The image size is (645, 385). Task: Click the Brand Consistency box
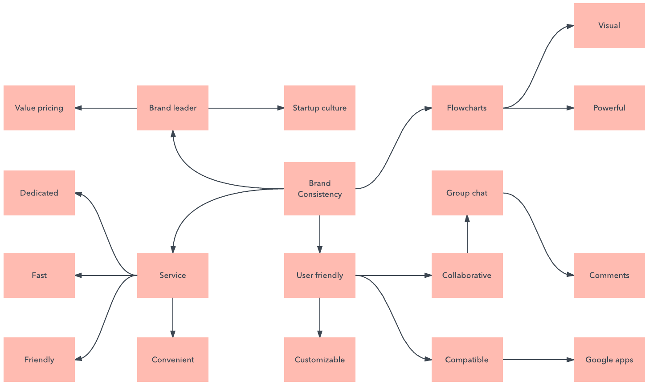pos(319,189)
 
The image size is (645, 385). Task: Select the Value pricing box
pos(39,108)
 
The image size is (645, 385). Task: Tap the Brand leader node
pos(172,108)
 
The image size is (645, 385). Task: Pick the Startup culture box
pos(319,108)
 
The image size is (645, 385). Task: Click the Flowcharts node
pos(467,108)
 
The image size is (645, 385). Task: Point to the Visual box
pos(609,25)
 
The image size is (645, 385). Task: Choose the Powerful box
pos(609,108)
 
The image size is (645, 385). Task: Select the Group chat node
pos(467,193)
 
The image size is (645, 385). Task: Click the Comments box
pos(609,275)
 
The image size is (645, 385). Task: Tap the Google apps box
pos(609,360)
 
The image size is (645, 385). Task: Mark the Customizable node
pos(319,360)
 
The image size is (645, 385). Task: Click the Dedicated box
pos(39,193)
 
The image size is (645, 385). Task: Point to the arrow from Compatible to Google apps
pos(538,360)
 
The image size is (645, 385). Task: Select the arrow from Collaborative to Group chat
pos(467,234)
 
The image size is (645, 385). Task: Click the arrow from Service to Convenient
pos(173,317)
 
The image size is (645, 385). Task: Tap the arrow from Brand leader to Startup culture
pos(246,108)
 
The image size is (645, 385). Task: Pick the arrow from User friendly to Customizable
pos(320,317)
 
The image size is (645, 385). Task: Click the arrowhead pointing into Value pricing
pos(78,108)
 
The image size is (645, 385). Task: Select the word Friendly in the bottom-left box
pos(39,360)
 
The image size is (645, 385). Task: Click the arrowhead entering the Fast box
pos(78,276)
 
